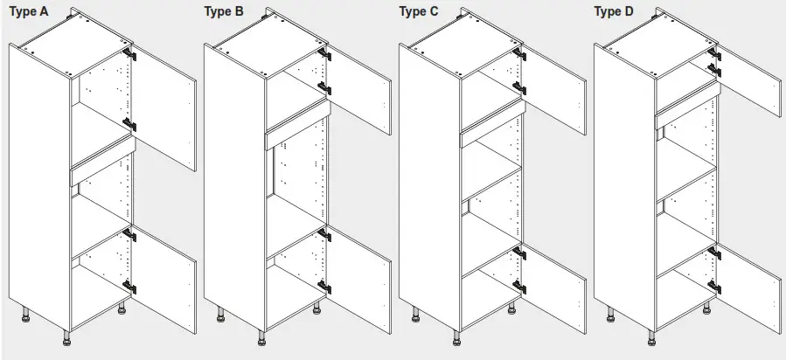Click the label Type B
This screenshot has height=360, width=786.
point(223,11)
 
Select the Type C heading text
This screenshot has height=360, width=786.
point(420,11)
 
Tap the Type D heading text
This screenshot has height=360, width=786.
point(615,11)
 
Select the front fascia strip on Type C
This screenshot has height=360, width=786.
point(492,127)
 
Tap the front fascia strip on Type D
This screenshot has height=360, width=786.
point(687,104)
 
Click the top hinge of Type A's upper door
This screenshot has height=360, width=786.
point(130,54)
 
